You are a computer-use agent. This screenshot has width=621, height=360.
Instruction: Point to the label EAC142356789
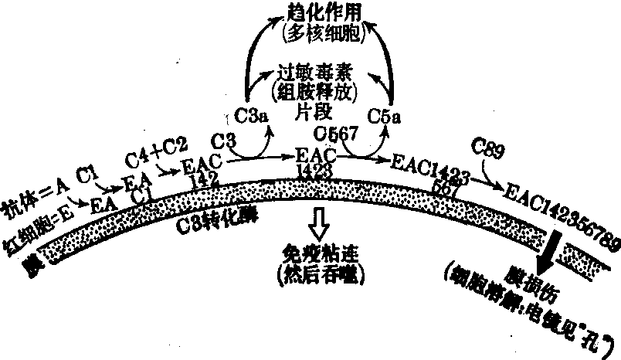click(x=561, y=213)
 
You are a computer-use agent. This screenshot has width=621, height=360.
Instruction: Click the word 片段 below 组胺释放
click(x=313, y=110)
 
